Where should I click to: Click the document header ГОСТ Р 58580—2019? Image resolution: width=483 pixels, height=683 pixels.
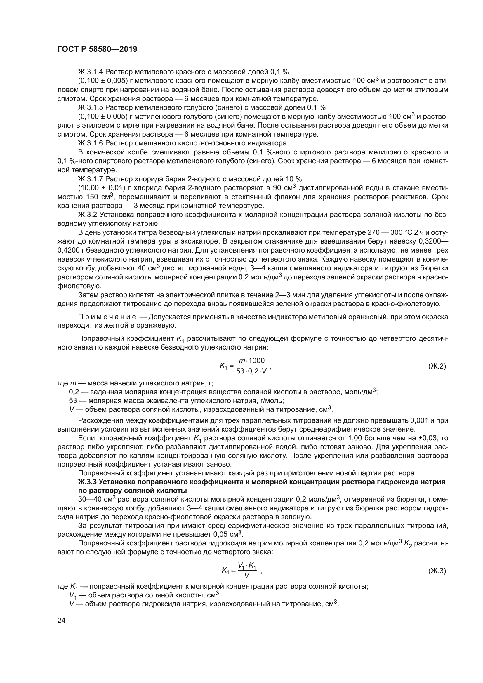97,49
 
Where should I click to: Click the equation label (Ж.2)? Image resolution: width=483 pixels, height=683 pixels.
437,366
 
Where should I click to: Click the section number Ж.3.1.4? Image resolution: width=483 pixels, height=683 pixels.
91,72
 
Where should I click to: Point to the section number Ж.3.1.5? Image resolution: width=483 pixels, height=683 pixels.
91,107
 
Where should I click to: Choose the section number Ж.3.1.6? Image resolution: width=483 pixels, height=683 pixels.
91,143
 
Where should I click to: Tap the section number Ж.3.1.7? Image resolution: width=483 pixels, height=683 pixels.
91,179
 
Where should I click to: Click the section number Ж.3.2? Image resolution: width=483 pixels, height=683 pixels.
88,215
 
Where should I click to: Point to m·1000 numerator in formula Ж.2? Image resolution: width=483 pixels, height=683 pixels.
252,361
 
